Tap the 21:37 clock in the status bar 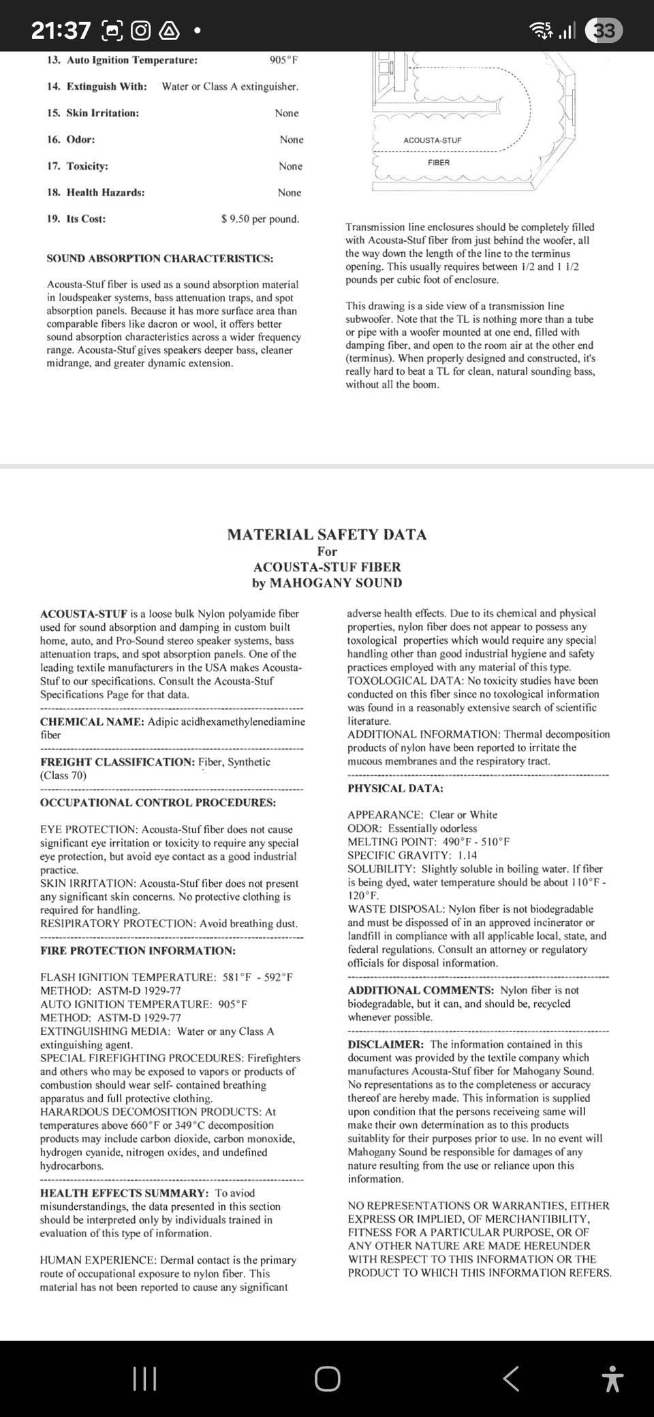point(61,31)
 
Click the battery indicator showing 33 point(604,31)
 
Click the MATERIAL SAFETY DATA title point(327,535)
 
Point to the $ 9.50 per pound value point(260,219)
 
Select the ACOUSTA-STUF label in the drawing point(432,140)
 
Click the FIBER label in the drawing point(439,162)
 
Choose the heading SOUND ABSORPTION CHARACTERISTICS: point(160,258)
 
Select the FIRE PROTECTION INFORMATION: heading point(138,950)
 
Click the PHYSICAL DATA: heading point(395,788)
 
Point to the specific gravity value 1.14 point(467,855)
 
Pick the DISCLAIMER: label point(386,1044)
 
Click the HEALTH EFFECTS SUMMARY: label point(124,1193)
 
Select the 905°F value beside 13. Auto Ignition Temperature point(283,60)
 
